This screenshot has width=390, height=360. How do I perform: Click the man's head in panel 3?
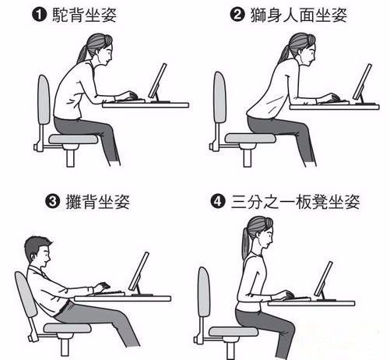38,250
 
